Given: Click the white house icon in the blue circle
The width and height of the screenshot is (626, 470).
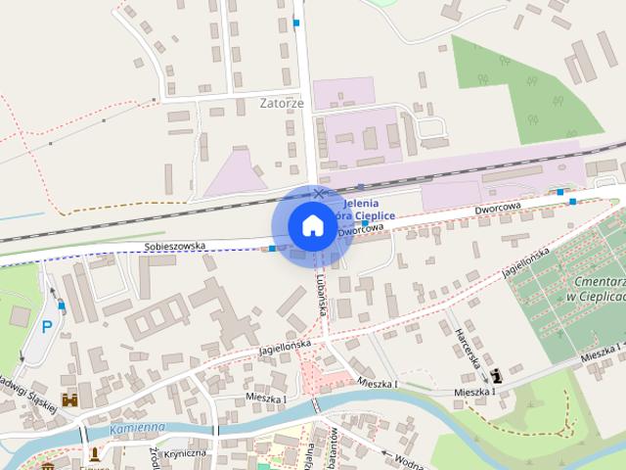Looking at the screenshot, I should tap(311, 225).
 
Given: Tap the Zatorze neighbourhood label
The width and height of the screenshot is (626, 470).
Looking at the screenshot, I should tap(283, 102).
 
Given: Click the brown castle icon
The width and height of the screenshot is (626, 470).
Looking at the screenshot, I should tap(69, 399).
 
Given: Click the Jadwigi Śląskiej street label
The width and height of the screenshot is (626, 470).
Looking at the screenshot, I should tap(29, 392).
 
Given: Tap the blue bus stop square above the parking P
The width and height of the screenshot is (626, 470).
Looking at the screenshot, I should tap(62, 305).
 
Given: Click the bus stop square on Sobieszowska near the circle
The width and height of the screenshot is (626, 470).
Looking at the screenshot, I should tap(271, 249).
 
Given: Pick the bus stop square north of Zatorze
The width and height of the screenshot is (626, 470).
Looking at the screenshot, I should tap(296, 23).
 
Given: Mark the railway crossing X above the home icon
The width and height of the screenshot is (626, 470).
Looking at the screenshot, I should tap(318, 194).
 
